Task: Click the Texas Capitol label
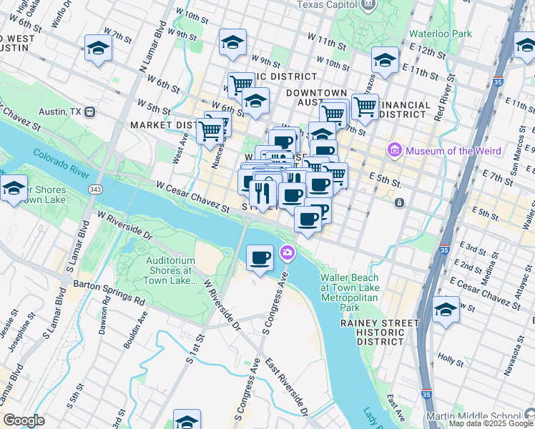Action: pyautogui.click(x=325, y=4)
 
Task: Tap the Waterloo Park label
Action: pyautogui.click(x=440, y=34)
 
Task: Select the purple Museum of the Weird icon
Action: pyautogui.click(x=393, y=150)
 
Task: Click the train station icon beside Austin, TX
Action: pyautogui.click(x=90, y=112)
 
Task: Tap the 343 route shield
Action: pyautogui.click(x=95, y=189)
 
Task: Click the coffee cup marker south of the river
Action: pyautogui.click(x=260, y=257)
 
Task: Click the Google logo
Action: pyautogui.click(x=24, y=420)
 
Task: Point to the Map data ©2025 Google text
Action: pyautogui.click(x=490, y=423)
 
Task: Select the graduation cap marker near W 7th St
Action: pyautogui.click(x=98, y=48)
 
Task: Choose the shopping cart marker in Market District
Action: pyautogui.click(x=210, y=131)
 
